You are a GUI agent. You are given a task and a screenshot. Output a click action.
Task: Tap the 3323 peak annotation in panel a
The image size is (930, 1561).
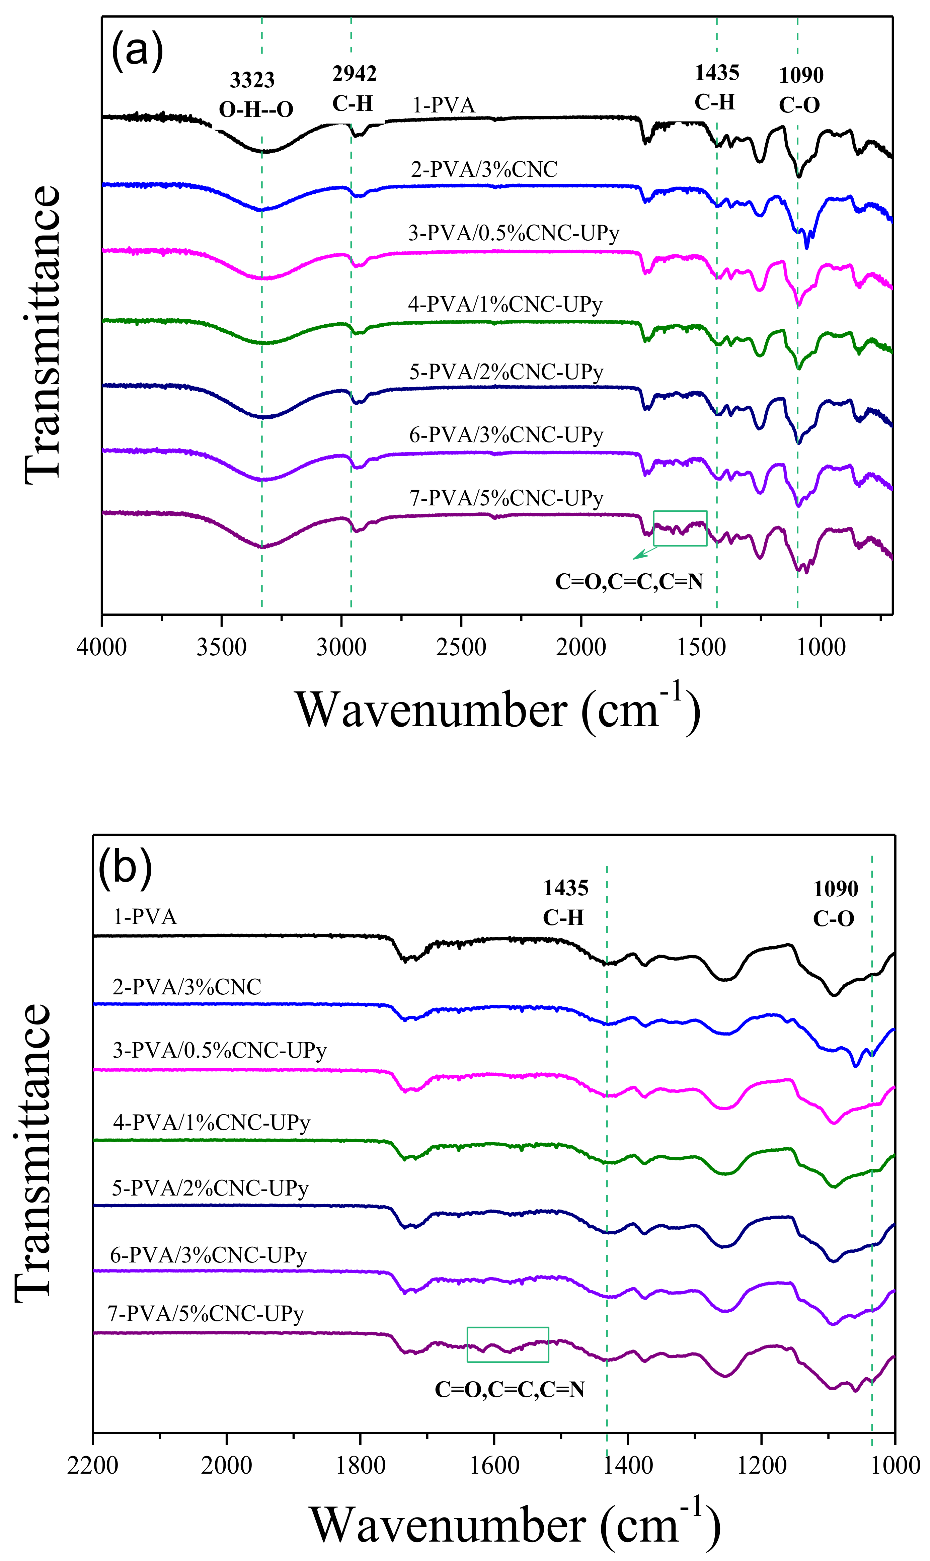252,80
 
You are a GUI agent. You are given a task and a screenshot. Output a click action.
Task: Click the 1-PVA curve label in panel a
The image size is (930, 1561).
444,105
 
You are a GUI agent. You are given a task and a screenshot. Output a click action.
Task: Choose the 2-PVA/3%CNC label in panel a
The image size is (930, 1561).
484,169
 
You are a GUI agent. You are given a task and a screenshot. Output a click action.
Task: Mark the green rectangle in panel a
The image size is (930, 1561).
680,528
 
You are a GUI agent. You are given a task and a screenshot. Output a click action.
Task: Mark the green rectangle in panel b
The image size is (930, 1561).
508,1344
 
